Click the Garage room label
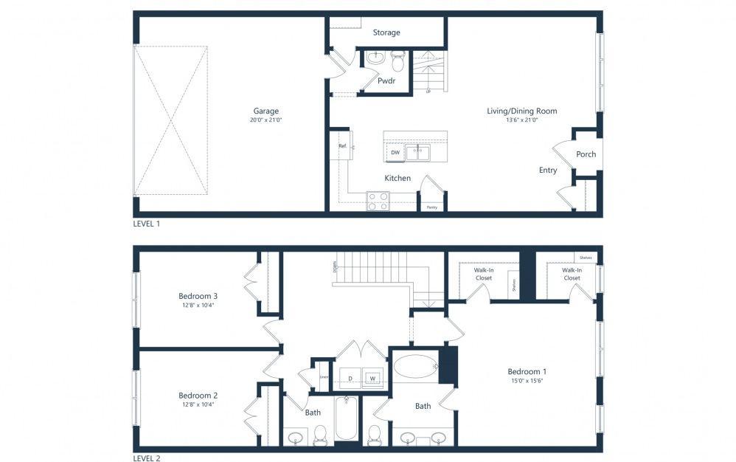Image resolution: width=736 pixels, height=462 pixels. (x=266, y=111)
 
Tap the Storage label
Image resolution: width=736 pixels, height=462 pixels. (x=386, y=32)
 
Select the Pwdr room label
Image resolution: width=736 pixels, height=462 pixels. (x=386, y=81)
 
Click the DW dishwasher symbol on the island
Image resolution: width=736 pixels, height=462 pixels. (x=395, y=153)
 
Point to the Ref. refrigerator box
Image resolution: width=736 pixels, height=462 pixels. (x=342, y=146)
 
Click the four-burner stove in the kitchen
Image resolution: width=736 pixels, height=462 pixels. (x=378, y=201)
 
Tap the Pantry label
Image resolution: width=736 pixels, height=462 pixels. (x=431, y=207)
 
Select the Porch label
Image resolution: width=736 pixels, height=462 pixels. (x=586, y=154)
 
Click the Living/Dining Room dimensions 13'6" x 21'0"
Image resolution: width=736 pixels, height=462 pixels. (x=521, y=120)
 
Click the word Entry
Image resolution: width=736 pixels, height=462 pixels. (x=548, y=170)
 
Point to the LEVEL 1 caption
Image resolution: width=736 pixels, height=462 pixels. (x=146, y=223)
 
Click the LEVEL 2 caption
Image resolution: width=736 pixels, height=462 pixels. (x=146, y=458)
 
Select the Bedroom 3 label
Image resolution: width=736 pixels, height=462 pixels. (x=198, y=296)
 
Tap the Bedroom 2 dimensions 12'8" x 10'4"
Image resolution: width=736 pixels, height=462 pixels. (x=198, y=404)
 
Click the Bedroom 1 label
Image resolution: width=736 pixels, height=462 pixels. (x=527, y=371)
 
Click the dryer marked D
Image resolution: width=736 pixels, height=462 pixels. (x=350, y=379)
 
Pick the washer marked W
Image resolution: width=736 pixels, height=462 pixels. (x=372, y=379)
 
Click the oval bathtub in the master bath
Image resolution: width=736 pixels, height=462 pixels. (x=414, y=367)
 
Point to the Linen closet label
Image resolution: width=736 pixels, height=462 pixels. (x=323, y=377)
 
